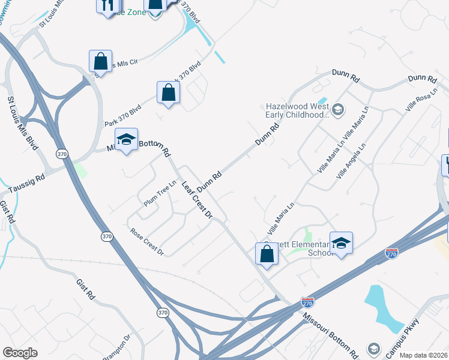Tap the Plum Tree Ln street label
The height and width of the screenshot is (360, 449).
(x=157, y=196)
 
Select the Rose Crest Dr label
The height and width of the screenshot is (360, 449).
(x=146, y=241)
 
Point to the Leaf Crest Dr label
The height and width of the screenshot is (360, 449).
(x=197, y=200)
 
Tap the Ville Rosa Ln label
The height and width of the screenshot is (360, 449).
(x=419, y=102)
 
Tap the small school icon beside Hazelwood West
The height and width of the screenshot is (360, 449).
(x=338, y=109)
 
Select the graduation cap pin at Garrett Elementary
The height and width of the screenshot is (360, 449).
(x=341, y=243)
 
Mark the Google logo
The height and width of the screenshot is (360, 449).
(x=20, y=352)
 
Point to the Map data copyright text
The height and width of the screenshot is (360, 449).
(x=423, y=355)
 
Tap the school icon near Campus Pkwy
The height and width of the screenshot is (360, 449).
(x=373, y=349)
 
